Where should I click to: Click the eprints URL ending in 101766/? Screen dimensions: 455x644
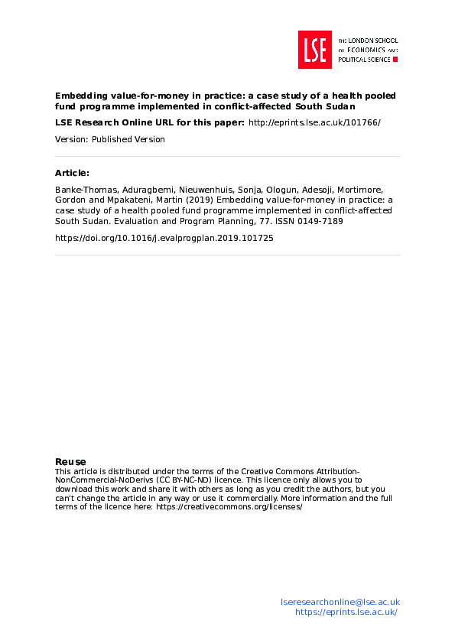[x=315, y=122]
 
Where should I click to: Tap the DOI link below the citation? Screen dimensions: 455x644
[x=164, y=238]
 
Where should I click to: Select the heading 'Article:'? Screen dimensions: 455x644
[x=72, y=173]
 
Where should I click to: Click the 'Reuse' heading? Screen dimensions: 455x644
[x=70, y=461]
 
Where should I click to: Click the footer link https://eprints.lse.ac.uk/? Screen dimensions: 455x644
[x=346, y=612]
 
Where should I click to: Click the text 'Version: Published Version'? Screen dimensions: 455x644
[x=110, y=139]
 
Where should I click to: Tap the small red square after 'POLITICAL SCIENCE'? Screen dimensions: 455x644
[x=395, y=59]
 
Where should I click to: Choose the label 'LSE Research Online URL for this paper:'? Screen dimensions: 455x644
[x=150, y=122]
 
